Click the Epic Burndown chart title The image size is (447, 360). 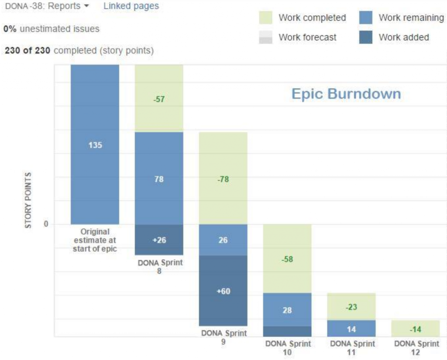click(x=346, y=94)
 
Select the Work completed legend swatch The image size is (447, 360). click(x=265, y=18)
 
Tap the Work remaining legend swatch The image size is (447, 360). click(x=365, y=18)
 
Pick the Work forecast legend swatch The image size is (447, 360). click(x=265, y=38)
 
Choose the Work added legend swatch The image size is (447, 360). click(x=365, y=38)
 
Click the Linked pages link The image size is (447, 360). click(x=131, y=6)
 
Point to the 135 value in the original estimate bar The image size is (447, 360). click(x=95, y=145)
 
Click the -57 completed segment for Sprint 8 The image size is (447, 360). click(x=159, y=99)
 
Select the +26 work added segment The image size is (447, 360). click(x=159, y=240)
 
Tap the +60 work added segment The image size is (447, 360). click(x=223, y=291)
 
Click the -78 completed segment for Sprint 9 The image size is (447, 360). click(x=223, y=179)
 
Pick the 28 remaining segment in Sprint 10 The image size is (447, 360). click(x=287, y=310)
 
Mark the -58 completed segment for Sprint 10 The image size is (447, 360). click(x=287, y=259)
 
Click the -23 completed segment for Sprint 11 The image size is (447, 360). click(x=351, y=307)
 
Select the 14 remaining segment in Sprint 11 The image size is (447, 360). click(x=351, y=329)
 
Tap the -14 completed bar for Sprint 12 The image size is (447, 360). click(x=416, y=329)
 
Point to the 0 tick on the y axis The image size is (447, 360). click(x=45, y=224)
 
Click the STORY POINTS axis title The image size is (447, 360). click(x=28, y=201)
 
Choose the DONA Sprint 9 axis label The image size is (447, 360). click(x=223, y=337)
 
